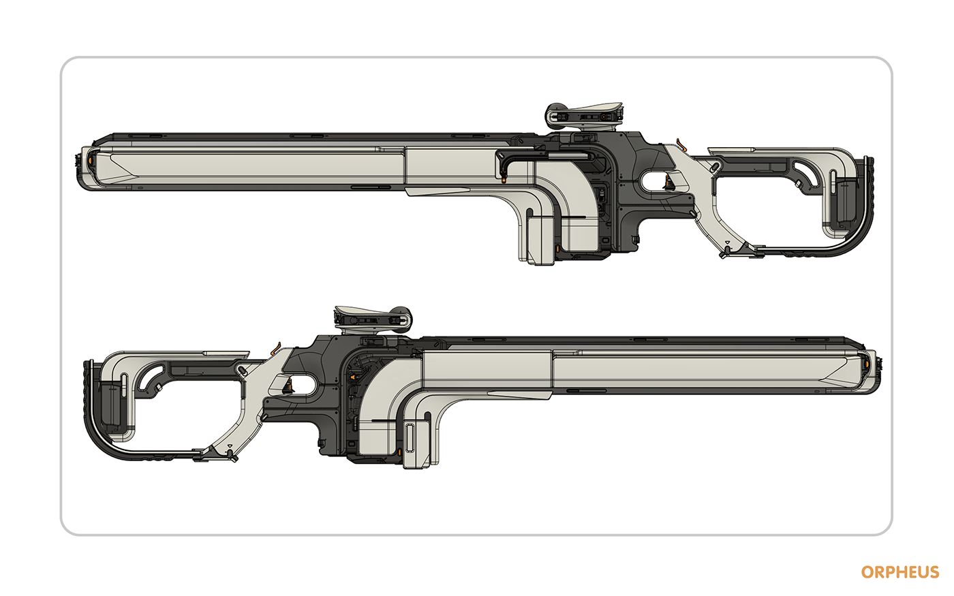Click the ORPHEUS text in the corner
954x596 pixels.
[899, 572]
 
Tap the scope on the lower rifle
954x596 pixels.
[371, 317]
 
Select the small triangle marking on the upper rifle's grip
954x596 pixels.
[727, 242]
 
